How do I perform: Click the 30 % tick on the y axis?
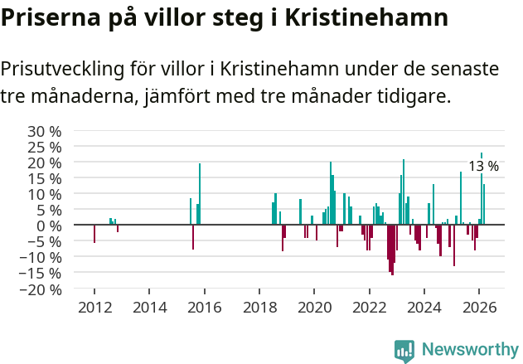[x=45, y=131]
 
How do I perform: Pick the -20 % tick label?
[x=41, y=289]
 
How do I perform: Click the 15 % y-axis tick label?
[x=45, y=178]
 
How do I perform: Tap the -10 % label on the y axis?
[x=41, y=257]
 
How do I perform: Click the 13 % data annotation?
[x=483, y=167]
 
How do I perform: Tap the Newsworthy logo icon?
[x=404, y=350]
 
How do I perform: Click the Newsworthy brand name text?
[x=469, y=350]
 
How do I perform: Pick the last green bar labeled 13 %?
[x=484, y=205]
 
